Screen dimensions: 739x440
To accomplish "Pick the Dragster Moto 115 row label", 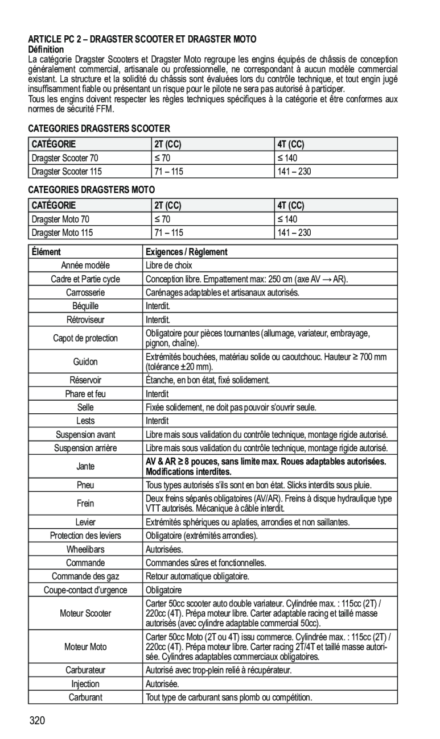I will pyautogui.click(x=63, y=233).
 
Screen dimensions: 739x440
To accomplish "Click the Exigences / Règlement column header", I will pyautogui.click(x=187, y=251).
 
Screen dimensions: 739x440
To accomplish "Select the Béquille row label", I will pyautogui.click(x=85, y=306).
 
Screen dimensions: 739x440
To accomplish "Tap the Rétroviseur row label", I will pyautogui.click(x=85, y=320).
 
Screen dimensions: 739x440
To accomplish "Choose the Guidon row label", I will pyautogui.click(x=85, y=362).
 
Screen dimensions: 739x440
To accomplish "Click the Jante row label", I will pyautogui.click(x=85, y=466).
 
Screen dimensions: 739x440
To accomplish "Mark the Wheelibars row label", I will pyautogui.click(x=85, y=549).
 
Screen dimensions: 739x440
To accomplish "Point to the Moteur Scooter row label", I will pyautogui.click(x=85, y=613).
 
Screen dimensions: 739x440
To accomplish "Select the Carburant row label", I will pyautogui.click(x=85, y=696).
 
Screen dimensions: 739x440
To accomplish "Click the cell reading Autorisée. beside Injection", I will pyautogui.click(x=163, y=683).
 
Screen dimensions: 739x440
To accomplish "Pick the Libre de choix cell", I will pyautogui.click(x=169, y=265).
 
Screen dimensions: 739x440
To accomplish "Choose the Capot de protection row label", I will pyautogui.click(x=85, y=338).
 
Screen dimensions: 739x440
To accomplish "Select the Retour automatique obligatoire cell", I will pyautogui.click(x=198, y=576).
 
